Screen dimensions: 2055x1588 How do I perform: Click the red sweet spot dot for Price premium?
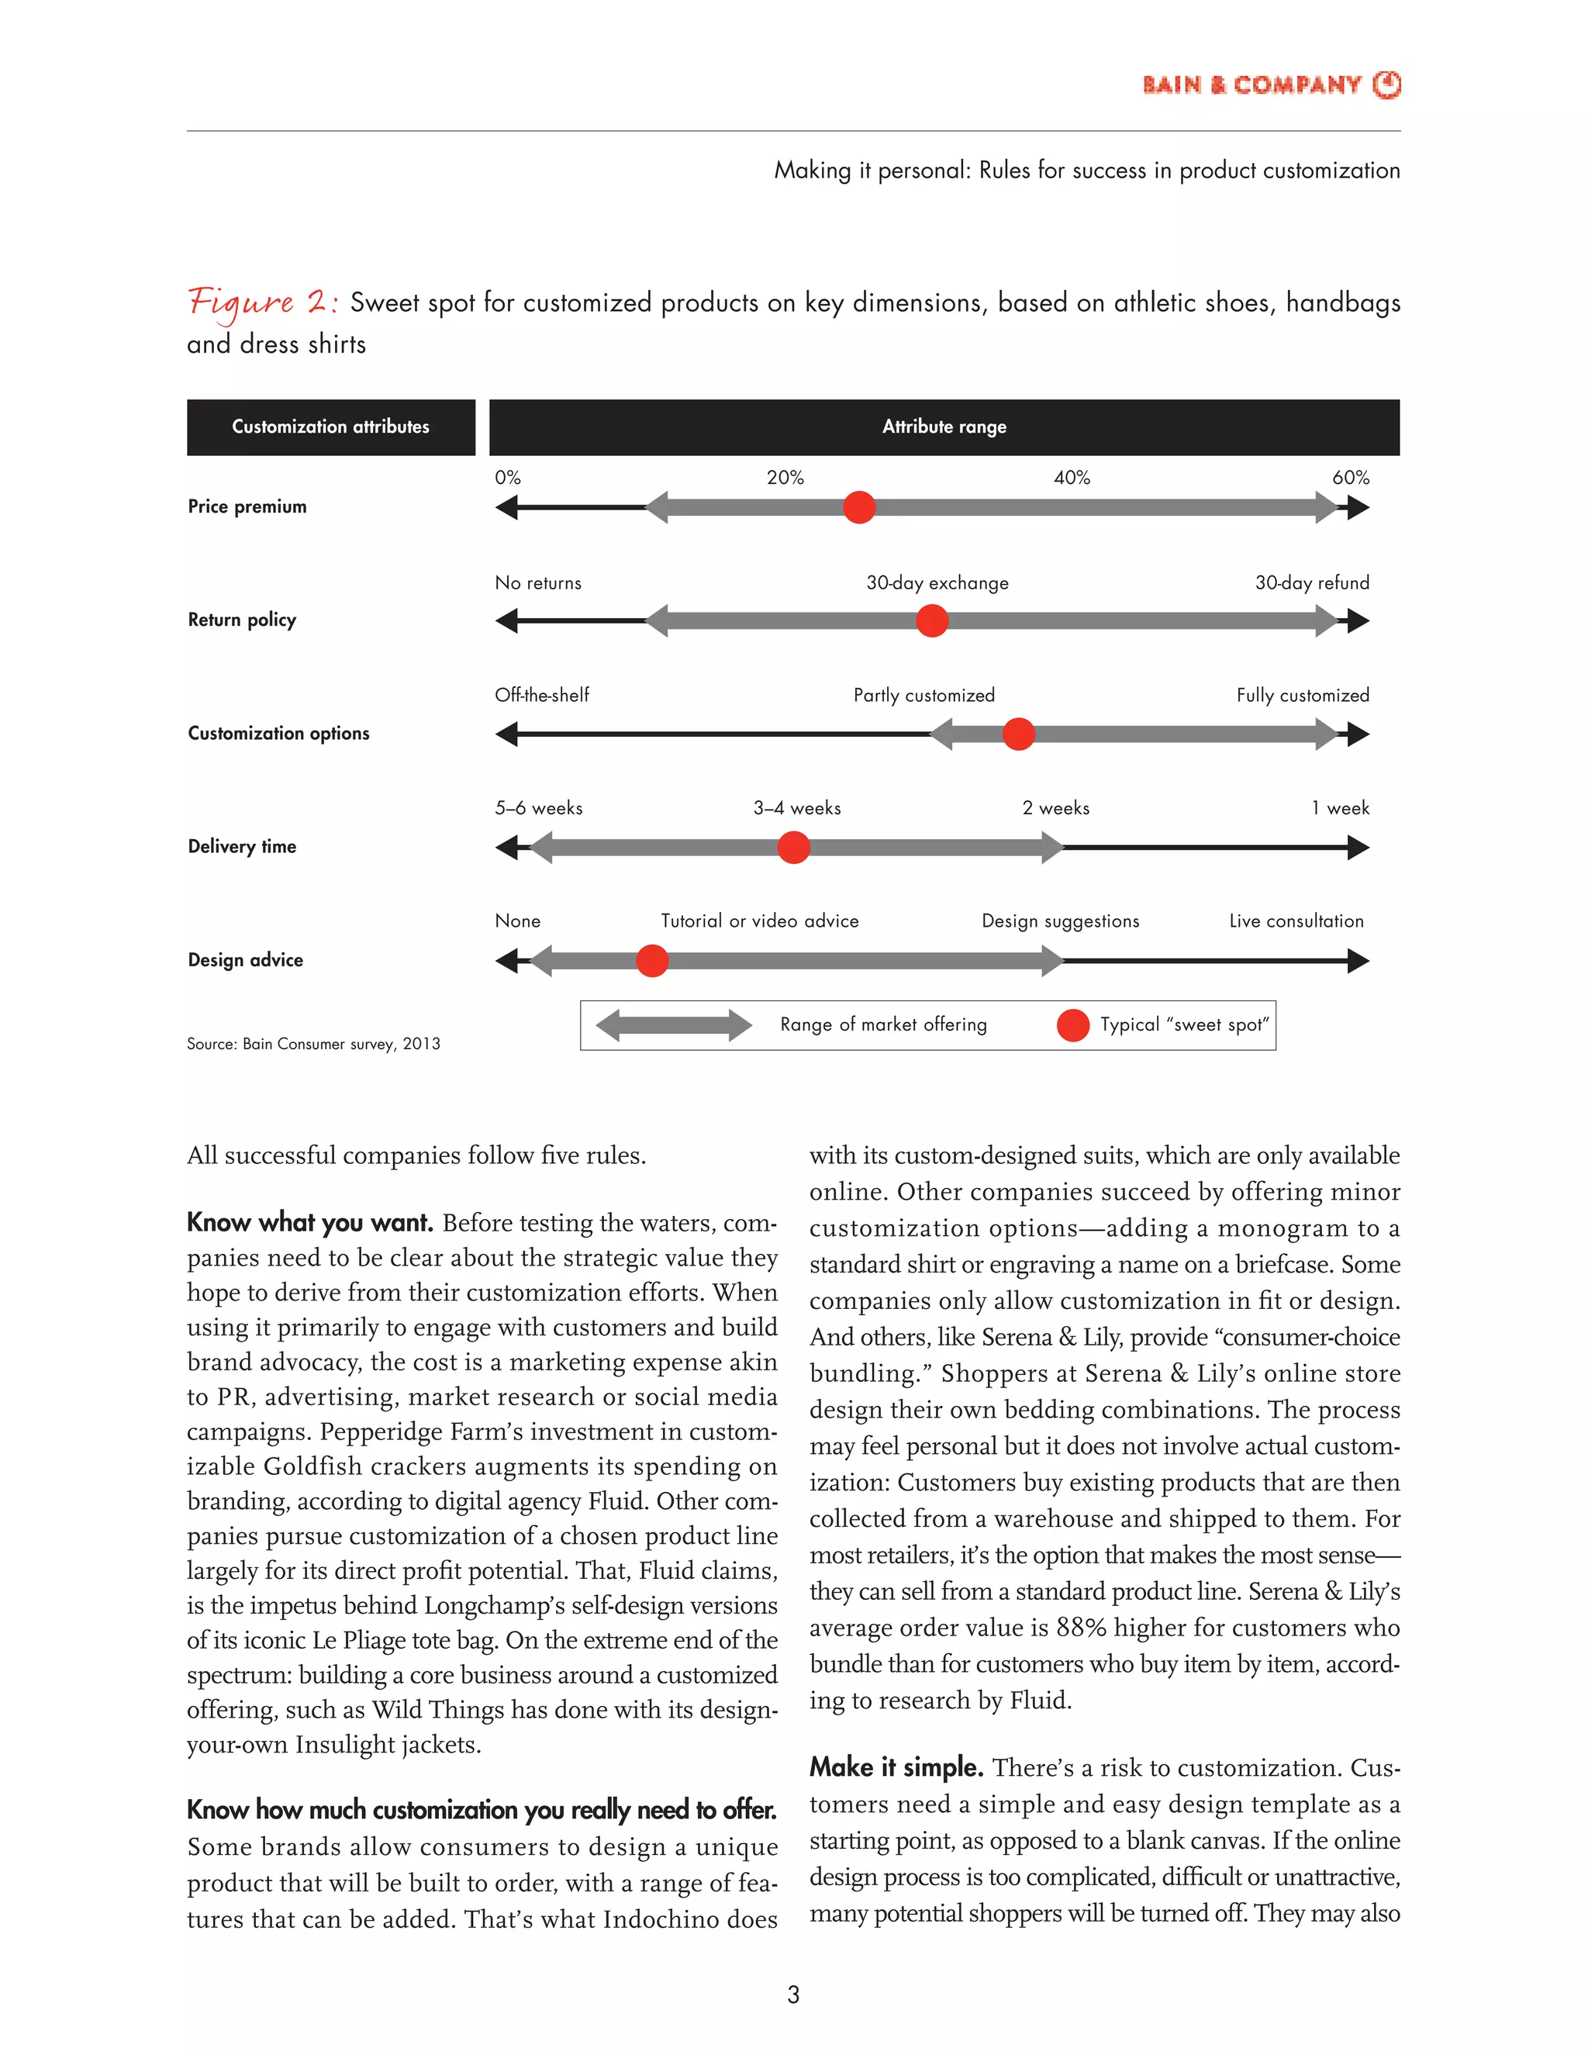pos(859,507)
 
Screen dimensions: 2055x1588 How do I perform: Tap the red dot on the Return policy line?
pos(932,621)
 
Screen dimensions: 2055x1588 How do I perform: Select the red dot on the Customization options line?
pos(1018,734)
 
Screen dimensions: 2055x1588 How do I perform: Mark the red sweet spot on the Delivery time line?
pos(794,848)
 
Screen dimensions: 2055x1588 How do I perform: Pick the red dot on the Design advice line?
pos(652,961)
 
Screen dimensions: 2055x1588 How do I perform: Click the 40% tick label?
pos(1072,478)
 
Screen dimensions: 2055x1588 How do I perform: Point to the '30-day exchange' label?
pos(937,582)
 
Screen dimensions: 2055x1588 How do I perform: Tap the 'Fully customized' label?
pos(1302,696)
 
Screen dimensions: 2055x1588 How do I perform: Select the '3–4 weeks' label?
pos(797,808)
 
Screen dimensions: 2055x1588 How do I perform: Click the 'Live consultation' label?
pos(1296,921)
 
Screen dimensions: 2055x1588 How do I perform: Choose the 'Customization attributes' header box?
pos(330,427)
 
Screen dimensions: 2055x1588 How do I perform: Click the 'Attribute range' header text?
pos(944,427)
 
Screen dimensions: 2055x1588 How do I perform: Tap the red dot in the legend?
pos(1072,1026)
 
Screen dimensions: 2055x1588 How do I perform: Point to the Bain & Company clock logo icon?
pos(1386,85)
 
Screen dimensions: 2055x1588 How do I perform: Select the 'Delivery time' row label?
pos(242,847)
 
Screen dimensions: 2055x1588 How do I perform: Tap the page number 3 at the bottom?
pos(793,1994)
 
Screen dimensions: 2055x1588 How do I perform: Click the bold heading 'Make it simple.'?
pos(896,1768)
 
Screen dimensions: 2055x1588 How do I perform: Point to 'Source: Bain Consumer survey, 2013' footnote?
pos(313,1044)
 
